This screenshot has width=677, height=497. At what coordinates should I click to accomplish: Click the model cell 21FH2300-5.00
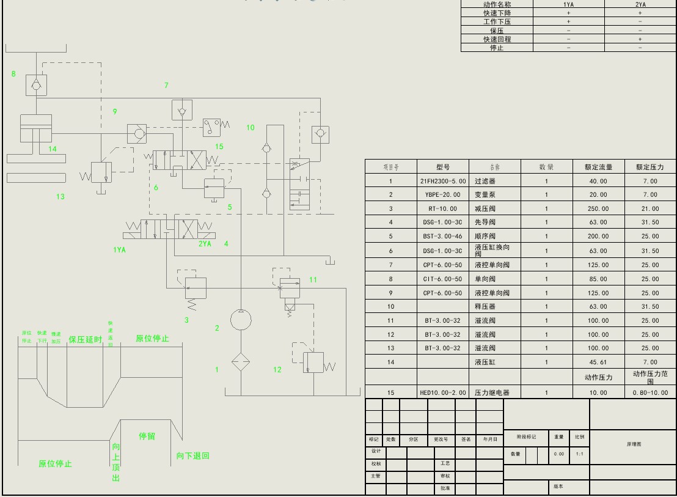pos(443,181)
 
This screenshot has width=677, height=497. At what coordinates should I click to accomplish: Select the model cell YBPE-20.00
pos(443,195)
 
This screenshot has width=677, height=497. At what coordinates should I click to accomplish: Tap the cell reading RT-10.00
pos(443,209)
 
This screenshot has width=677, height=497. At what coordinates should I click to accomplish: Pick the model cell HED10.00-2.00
pos(443,392)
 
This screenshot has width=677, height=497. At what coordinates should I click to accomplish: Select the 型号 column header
pos(443,167)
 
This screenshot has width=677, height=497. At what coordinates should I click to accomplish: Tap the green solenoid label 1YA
pos(120,249)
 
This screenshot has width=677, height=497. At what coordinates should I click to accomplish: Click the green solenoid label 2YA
pos(205,244)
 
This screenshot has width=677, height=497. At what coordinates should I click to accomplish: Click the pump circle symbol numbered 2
pos(241,320)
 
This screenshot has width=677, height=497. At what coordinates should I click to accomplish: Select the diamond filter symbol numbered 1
pos(241,362)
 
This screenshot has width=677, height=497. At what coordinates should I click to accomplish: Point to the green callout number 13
pos(60,197)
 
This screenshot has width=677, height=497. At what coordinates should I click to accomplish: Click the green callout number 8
pos(13,74)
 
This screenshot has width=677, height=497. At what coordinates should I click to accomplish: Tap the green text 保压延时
pos(85,339)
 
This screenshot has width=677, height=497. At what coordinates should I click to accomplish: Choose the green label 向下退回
pos(192,456)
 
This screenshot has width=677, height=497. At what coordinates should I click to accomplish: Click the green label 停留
pos(147,436)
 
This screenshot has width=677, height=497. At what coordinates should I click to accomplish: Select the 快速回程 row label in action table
pos(497,39)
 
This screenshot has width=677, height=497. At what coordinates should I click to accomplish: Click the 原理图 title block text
pos(634,444)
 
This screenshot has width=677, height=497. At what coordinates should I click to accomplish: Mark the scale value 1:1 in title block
pos(579,454)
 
